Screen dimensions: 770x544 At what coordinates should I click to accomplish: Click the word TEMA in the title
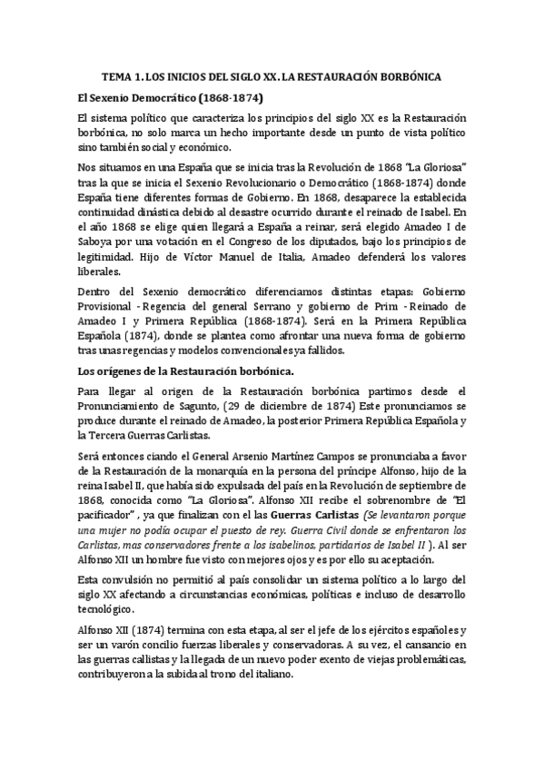tap(114, 77)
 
